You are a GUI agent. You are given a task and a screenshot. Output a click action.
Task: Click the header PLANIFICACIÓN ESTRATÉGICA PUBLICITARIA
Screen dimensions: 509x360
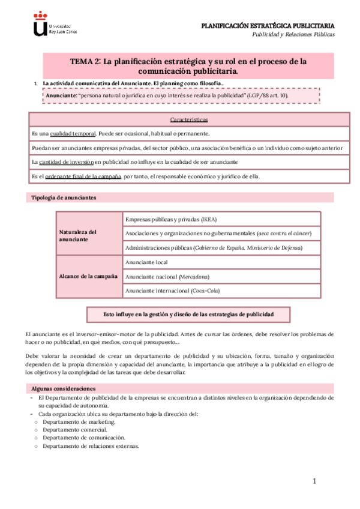coord(268,25)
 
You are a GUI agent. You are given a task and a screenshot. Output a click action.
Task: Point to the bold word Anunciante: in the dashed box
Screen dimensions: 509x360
coord(60,95)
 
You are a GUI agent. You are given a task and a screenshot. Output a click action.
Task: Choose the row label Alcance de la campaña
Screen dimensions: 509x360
coord(88,276)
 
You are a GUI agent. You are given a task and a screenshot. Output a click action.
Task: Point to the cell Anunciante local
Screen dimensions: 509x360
coord(146,262)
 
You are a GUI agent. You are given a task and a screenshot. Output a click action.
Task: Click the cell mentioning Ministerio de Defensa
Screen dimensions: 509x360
coord(221,247)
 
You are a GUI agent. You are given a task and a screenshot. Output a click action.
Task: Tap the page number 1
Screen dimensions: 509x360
coord(313,481)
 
